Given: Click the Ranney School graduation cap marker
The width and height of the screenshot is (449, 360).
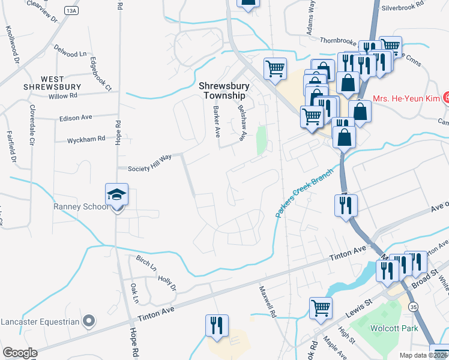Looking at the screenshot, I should [116, 195].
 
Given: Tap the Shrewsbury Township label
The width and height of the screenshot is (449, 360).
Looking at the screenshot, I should [223, 91].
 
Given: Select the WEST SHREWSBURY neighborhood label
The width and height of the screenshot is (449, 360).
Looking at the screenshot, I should [52, 83].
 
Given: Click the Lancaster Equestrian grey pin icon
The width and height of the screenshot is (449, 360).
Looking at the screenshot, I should [89, 321].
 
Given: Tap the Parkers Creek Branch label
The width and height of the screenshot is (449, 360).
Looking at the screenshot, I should [304, 192].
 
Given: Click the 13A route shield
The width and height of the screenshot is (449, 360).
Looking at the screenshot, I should [72, 10].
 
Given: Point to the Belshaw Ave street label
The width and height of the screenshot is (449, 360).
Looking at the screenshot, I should [242, 123].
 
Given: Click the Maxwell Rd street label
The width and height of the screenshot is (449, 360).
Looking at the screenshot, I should [267, 300].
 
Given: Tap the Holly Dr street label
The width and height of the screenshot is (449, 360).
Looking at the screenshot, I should [167, 283].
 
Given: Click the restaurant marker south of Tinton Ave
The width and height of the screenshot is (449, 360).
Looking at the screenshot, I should [216, 326].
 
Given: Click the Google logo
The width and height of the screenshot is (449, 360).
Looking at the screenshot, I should [20, 353].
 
